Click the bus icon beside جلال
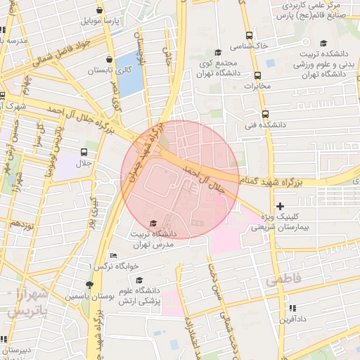[x=84, y=152]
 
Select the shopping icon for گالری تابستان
[x=110, y=60]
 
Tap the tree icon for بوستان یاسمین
[x=89, y=285]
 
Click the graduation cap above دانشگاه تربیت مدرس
[x=154, y=224]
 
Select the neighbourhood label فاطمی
[x=283, y=280]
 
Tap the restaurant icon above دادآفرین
[x=292, y=308]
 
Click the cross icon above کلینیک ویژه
[x=281, y=206]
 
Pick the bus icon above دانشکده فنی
[x=265, y=114]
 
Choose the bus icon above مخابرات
[x=257, y=75]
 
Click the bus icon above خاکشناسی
[x=249, y=35]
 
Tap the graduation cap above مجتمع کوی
[x=218, y=53]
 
